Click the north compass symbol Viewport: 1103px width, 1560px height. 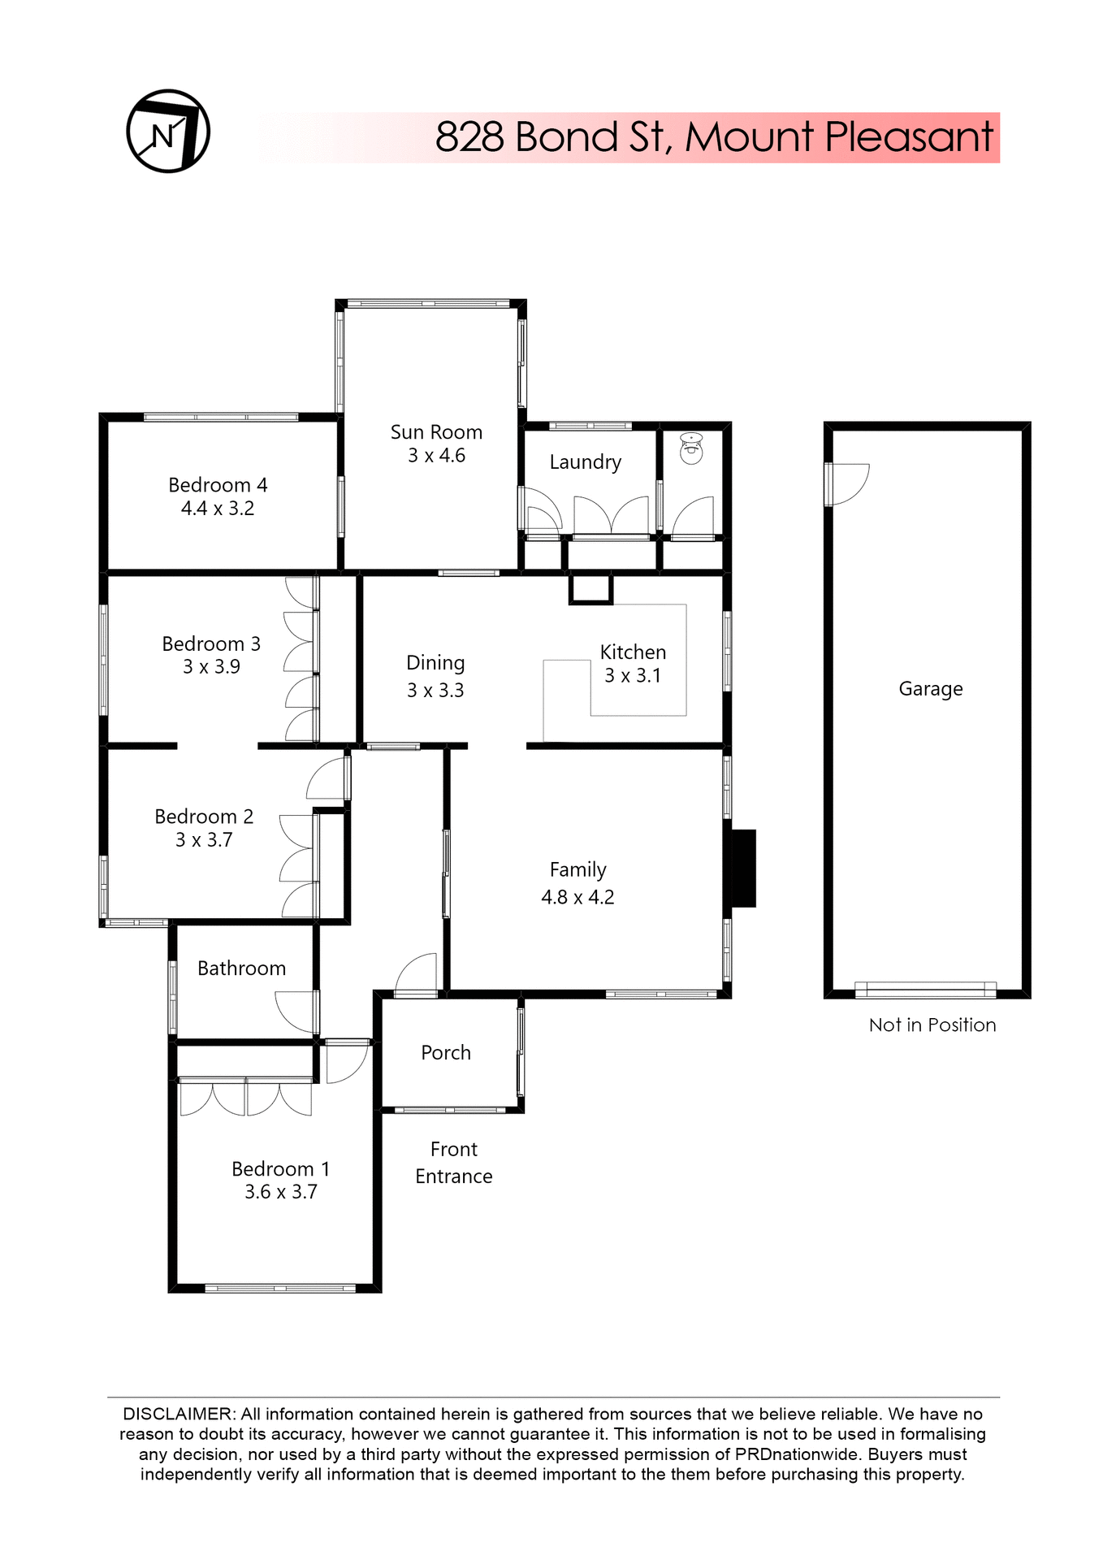[168, 131]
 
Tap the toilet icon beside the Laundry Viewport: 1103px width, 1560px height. [690, 448]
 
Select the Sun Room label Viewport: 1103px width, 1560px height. [436, 432]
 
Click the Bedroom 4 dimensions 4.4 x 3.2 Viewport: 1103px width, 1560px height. [218, 509]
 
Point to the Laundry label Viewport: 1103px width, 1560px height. [585, 462]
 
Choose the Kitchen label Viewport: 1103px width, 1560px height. [633, 652]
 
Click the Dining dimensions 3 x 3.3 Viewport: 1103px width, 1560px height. [435, 691]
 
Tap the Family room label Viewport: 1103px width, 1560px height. [577, 870]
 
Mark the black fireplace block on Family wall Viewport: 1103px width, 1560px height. [743, 868]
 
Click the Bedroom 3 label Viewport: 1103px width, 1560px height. [211, 644]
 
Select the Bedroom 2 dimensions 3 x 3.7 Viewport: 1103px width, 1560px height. [204, 840]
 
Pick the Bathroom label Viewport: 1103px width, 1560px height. [241, 968]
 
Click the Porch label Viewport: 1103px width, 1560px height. [446, 1053]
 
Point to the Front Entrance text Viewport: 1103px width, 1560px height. [453, 1163]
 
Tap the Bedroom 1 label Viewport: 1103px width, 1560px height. [280, 1169]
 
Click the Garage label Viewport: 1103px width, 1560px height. [930, 689]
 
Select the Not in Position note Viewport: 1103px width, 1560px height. [932, 1025]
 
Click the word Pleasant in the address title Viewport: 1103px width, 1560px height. [909, 136]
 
